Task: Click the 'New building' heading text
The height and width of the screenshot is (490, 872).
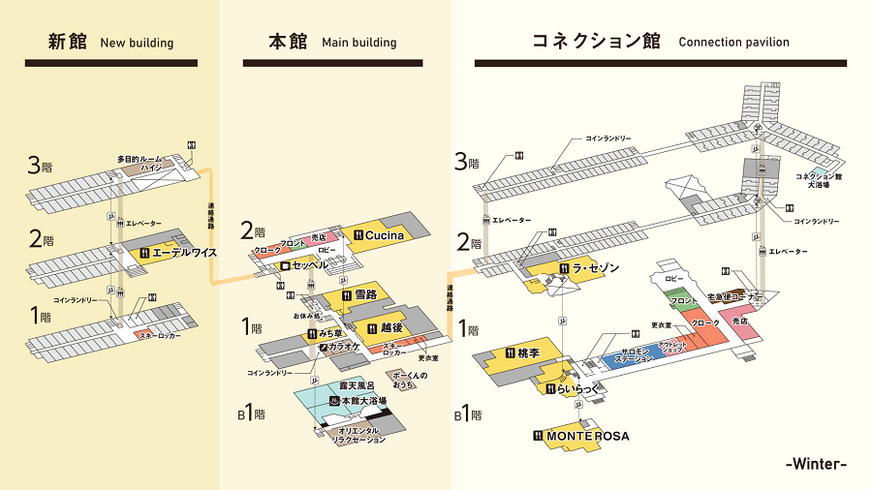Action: (137, 43)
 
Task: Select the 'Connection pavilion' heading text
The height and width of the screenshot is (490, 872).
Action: (733, 43)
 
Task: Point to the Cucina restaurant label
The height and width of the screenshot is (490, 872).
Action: (385, 234)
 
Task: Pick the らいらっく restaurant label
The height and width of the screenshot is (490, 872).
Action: (578, 389)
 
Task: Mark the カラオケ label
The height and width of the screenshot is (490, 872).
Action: (344, 346)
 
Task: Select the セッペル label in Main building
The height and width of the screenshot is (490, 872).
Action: (310, 264)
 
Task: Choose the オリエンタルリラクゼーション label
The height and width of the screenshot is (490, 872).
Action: (358, 435)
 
